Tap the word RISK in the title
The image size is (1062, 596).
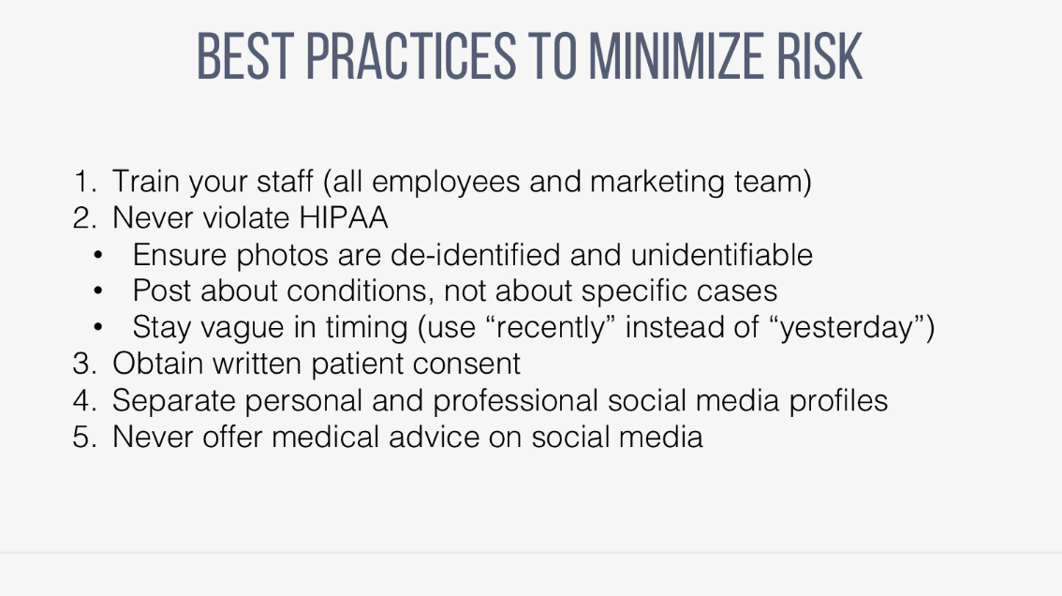(x=819, y=56)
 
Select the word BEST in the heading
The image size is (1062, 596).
(x=244, y=56)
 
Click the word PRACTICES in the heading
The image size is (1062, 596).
(x=411, y=56)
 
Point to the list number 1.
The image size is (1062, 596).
(x=84, y=182)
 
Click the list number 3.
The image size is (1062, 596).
(x=84, y=365)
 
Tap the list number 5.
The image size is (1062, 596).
(x=84, y=438)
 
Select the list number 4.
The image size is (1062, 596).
(x=84, y=401)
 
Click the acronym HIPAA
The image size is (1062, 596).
(x=344, y=218)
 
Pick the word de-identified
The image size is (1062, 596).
(x=476, y=255)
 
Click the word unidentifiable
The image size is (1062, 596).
(x=721, y=255)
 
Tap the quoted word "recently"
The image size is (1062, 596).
(x=552, y=327)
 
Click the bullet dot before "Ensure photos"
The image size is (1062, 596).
(x=98, y=255)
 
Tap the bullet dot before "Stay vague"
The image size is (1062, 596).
(x=98, y=327)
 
